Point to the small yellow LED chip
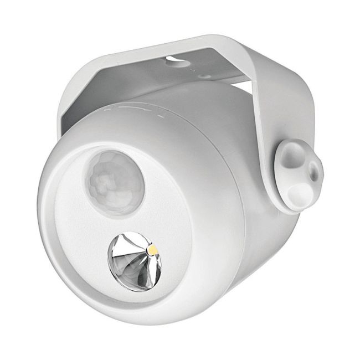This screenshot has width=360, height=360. (151, 252)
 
